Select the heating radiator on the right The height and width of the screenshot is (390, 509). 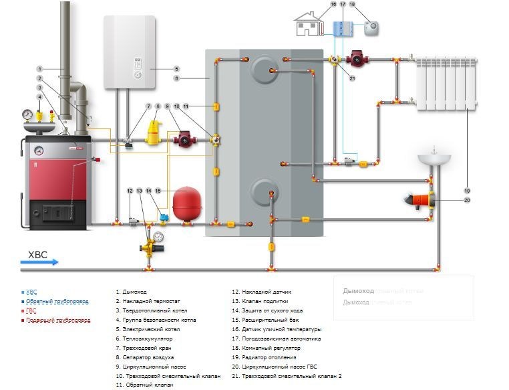[446, 84]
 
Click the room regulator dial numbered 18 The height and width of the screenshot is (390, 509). [371, 27]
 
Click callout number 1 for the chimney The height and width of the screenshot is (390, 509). [39, 69]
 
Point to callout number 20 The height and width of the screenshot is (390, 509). [467, 199]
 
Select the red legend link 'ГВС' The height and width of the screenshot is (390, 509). [30, 310]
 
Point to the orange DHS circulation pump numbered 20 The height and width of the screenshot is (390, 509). [421, 199]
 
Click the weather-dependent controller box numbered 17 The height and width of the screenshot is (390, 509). [343, 29]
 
